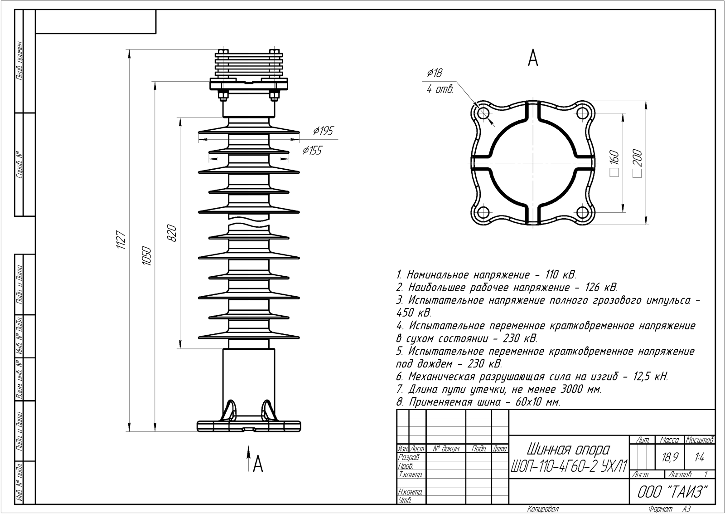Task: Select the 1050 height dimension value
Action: click(x=146, y=257)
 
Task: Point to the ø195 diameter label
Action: click(x=323, y=132)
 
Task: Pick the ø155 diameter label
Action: click(x=312, y=151)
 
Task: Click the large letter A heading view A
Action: click(x=533, y=58)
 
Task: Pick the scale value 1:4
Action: click(x=699, y=458)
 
